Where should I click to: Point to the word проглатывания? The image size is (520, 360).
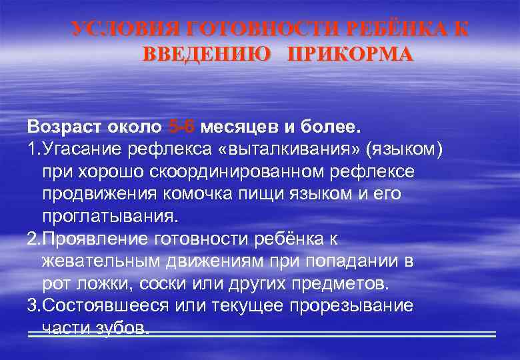pyautogui.click(x=110, y=216)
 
